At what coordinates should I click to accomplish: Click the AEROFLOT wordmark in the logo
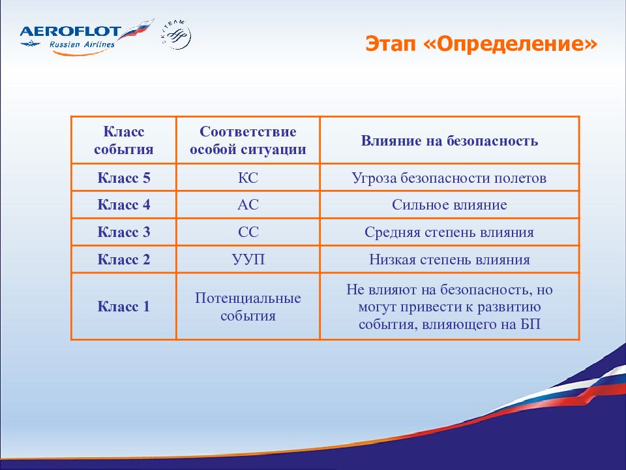pyautogui.click(x=70, y=32)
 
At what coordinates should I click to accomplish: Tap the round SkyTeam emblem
pyautogui.click(x=176, y=35)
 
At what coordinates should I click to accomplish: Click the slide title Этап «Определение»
pyautogui.click(x=481, y=44)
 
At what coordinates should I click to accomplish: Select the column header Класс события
pyautogui.click(x=124, y=140)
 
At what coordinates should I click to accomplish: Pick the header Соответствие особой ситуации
pyautogui.click(x=248, y=140)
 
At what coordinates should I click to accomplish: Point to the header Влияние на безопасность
pyautogui.click(x=449, y=141)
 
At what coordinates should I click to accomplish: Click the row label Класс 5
pyautogui.click(x=124, y=178)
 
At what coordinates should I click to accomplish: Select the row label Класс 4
pyautogui.click(x=124, y=204)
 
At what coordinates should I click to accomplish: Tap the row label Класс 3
pyautogui.click(x=124, y=232)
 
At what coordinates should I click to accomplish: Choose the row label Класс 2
pyautogui.click(x=124, y=259)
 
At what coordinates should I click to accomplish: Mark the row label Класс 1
pyautogui.click(x=124, y=307)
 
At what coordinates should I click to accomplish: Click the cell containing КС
pyautogui.click(x=248, y=178)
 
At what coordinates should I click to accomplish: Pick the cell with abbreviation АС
pyautogui.click(x=248, y=204)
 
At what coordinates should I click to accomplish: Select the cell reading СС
pyautogui.click(x=248, y=232)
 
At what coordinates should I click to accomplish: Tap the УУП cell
pyautogui.click(x=248, y=259)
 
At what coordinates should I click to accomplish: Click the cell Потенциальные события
pyautogui.click(x=248, y=307)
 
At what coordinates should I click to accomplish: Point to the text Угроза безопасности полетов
pyautogui.click(x=449, y=178)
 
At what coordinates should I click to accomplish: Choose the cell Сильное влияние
pyautogui.click(x=449, y=204)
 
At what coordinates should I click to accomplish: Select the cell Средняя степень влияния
pyautogui.click(x=449, y=232)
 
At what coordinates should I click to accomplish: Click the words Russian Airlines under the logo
pyautogui.click(x=82, y=44)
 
